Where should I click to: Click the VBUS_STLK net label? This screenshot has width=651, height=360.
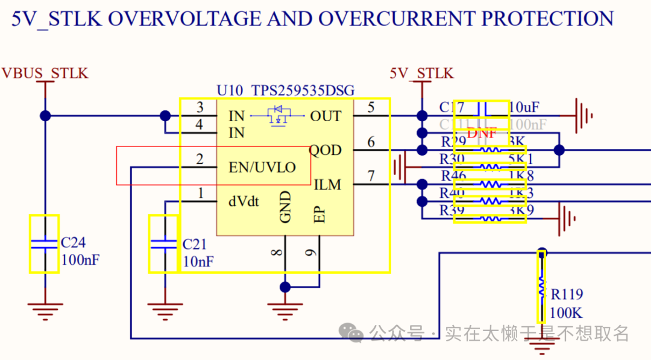[45, 74]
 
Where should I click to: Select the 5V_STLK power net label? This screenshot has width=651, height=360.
[421, 74]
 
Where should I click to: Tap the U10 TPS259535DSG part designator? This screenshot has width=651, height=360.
[286, 91]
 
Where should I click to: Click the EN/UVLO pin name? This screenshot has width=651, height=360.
[262, 167]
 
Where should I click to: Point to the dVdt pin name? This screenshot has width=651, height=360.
[244, 201]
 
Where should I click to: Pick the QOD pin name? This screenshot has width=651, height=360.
[325, 150]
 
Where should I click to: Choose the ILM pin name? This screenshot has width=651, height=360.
[327, 185]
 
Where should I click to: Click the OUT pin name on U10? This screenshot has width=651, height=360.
[325, 116]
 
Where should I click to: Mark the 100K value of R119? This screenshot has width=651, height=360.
[566, 314]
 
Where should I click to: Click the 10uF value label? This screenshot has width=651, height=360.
[524, 108]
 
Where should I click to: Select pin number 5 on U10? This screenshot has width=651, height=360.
[371, 107]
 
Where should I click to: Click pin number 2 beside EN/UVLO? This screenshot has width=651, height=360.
[200, 159]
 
